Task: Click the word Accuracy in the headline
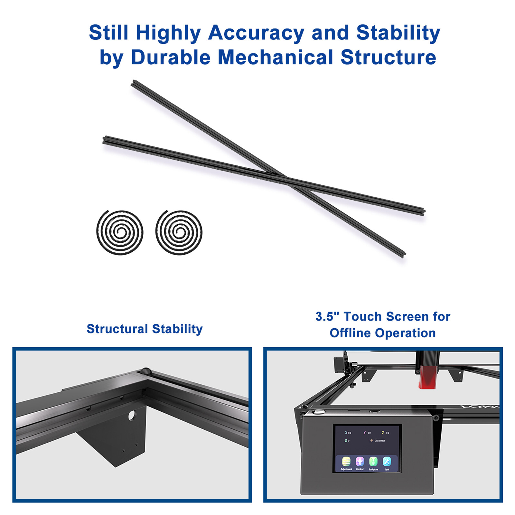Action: coord(256,33)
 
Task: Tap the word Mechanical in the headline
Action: coord(275,57)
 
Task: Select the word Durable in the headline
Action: coord(171,57)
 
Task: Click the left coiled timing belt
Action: coord(120,232)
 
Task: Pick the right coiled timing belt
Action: coord(179,232)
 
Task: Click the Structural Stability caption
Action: coord(145,329)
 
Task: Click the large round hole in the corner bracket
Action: coord(132,416)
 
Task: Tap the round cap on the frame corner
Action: coord(146,370)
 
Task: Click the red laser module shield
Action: coord(426,377)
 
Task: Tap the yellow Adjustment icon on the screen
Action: coord(346,462)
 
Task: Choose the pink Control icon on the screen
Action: coord(360,462)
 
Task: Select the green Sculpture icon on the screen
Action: coord(373,462)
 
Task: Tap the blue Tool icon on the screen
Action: coord(387,462)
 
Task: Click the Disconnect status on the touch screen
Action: coord(379,441)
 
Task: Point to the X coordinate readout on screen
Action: coord(348,433)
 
